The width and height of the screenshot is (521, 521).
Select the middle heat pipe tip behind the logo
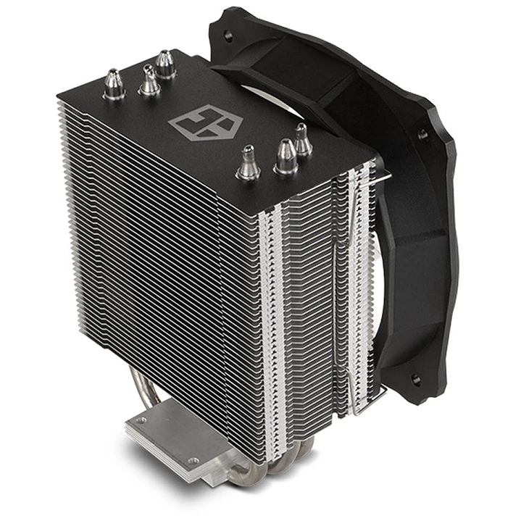tap(149, 80)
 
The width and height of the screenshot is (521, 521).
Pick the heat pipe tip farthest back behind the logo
tap(166, 64)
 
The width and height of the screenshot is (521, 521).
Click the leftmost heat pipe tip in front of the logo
tap(248, 162)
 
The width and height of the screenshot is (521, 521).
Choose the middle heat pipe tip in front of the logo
tap(285, 157)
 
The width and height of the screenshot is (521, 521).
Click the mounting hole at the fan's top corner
tap(228, 34)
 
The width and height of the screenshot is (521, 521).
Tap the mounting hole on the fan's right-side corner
tap(422, 135)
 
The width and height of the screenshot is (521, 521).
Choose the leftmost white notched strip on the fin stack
tap(274, 326)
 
